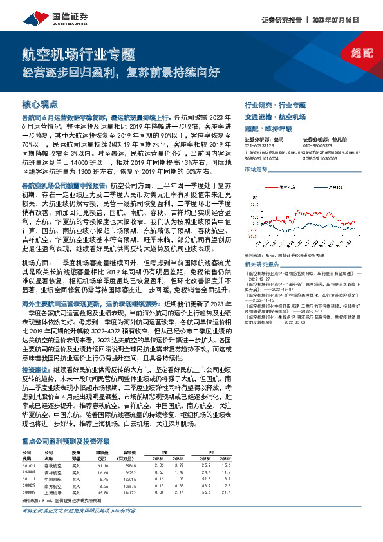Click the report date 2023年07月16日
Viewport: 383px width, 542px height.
coord(350,20)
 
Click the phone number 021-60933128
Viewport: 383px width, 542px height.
coord(261,145)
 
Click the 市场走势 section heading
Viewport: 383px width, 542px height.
coord(256,168)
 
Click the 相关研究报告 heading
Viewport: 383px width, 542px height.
coord(261,264)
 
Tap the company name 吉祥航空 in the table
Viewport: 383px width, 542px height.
coord(53,472)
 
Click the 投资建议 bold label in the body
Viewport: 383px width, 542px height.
coord(33,371)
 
